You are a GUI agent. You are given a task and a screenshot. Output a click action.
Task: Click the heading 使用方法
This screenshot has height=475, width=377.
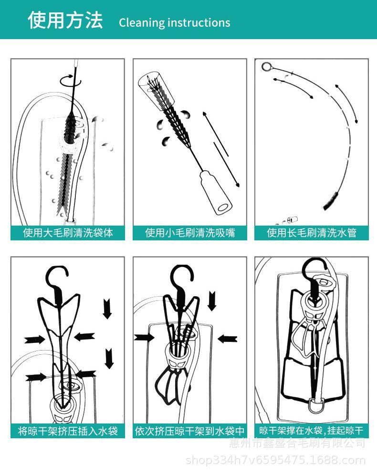coord(65,20)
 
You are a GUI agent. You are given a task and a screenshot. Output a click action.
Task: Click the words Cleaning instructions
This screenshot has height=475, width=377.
coord(174,22)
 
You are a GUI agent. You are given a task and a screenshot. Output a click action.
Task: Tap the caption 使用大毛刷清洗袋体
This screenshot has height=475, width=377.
coord(68,233)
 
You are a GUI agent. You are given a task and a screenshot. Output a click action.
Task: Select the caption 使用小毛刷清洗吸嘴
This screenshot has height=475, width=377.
coord(190,233)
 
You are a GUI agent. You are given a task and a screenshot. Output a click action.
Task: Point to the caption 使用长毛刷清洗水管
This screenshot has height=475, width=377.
coord(312,233)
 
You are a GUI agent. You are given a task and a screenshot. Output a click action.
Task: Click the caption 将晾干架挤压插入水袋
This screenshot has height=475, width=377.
coord(68,431)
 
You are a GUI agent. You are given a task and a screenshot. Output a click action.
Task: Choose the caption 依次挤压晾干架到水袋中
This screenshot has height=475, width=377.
coord(190,431)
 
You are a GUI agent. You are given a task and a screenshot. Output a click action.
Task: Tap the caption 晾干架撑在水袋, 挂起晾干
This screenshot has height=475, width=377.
coord(312,431)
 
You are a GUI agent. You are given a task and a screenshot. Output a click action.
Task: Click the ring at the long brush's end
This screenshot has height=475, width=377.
coord(266,66)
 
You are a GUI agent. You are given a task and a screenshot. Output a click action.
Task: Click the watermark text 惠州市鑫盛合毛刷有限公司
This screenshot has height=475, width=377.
coord(297,443)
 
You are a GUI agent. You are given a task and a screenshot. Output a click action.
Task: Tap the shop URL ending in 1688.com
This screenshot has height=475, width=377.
coord(275,461)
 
